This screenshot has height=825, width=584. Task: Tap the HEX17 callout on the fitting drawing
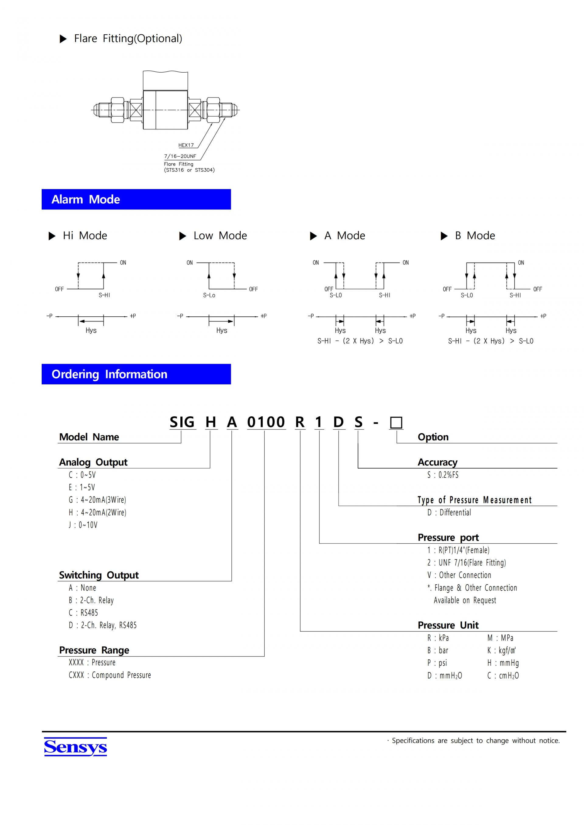click(x=186, y=145)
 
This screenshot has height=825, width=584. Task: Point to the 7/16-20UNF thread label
click(x=180, y=156)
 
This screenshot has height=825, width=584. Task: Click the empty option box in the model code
click(x=396, y=423)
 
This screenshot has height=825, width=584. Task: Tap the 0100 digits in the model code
click(x=266, y=422)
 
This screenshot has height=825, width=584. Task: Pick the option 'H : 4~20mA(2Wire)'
click(x=97, y=512)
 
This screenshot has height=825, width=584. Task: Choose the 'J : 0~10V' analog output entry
click(x=83, y=525)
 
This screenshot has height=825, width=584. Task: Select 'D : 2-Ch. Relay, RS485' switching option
click(x=103, y=625)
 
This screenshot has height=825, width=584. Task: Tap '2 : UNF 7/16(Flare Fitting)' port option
click(x=466, y=563)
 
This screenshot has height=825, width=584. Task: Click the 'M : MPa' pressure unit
click(x=500, y=638)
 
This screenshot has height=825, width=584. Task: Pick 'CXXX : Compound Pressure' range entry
click(x=110, y=675)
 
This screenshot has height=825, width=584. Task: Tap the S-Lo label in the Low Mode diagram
click(x=209, y=295)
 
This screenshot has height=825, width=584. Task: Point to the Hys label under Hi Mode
click(x=91, y=330)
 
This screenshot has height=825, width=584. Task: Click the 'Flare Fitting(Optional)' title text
click(x=128, y=39)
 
